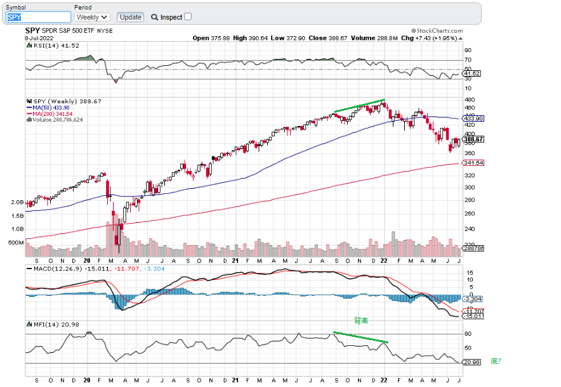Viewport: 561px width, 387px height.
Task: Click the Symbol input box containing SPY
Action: coord(38,17)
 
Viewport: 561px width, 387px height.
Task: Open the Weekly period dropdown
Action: coord(92,17)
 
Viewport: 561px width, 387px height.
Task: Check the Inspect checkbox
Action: coord(188,16)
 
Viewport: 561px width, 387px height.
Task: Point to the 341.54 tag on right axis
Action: coord(473,163)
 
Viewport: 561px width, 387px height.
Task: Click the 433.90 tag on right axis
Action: coord(473,118)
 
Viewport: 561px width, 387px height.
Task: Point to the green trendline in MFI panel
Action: coord(360,338)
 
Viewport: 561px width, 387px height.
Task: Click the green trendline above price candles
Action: coord(359,106)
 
